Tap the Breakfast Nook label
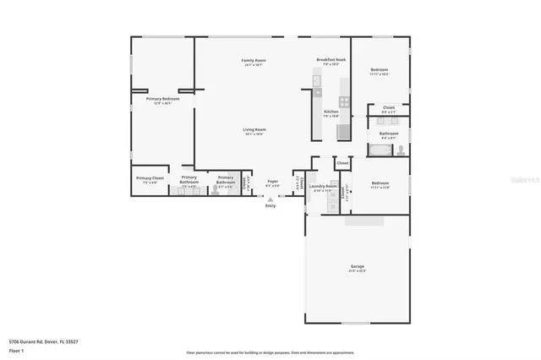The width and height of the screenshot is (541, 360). point(331,60)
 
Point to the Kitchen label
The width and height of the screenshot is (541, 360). point(331,112)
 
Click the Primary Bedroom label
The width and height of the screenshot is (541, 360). point(162,99)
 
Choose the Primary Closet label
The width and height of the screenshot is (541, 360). point(150,178)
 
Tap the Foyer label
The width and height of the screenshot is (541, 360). point(272,180)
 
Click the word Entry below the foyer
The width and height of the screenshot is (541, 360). point(270,205)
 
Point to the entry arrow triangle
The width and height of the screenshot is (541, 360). point(270,199)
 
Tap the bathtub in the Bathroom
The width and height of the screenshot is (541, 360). point(381,151)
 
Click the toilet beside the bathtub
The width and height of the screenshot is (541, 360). point(401,151)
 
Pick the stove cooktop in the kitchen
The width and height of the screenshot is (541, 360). point(343,131)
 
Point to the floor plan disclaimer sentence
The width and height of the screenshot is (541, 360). point(270,352)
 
